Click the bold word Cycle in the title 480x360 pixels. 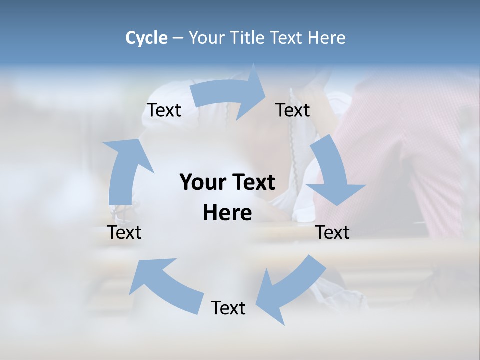click(146, 38)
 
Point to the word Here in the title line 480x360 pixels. click(326, 38)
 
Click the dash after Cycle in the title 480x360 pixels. click(178, 38)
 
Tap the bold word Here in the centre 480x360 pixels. click(227, 213)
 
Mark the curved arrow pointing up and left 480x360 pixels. click(165, 282)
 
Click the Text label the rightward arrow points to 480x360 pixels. click(293, 110)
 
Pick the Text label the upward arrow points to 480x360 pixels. click(164, 110)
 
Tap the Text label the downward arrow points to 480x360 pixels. click(333, 232)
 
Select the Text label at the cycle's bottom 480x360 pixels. click(228, 308)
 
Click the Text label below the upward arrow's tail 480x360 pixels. click(125, 232)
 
